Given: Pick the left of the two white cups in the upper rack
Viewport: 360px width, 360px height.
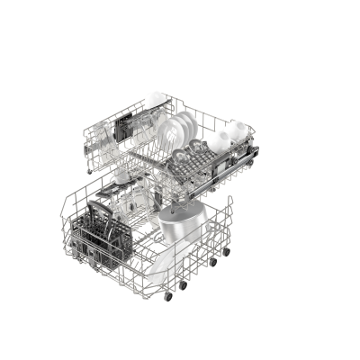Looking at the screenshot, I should click(x=218, y=141).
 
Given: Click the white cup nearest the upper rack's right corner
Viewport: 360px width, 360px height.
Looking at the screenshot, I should click(x=236, y=131).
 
